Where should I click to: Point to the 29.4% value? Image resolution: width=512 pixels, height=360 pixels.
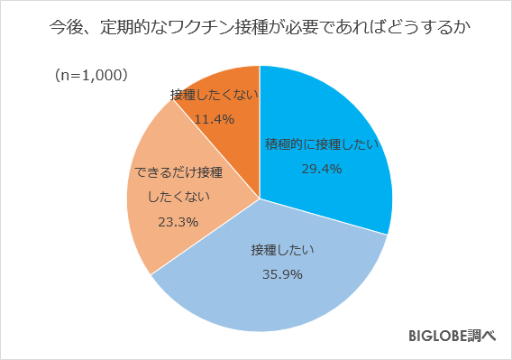321,167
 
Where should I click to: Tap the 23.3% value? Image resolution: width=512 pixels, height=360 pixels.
176,221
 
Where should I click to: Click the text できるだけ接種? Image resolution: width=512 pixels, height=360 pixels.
176,172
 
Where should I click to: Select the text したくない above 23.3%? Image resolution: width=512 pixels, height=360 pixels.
176,196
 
